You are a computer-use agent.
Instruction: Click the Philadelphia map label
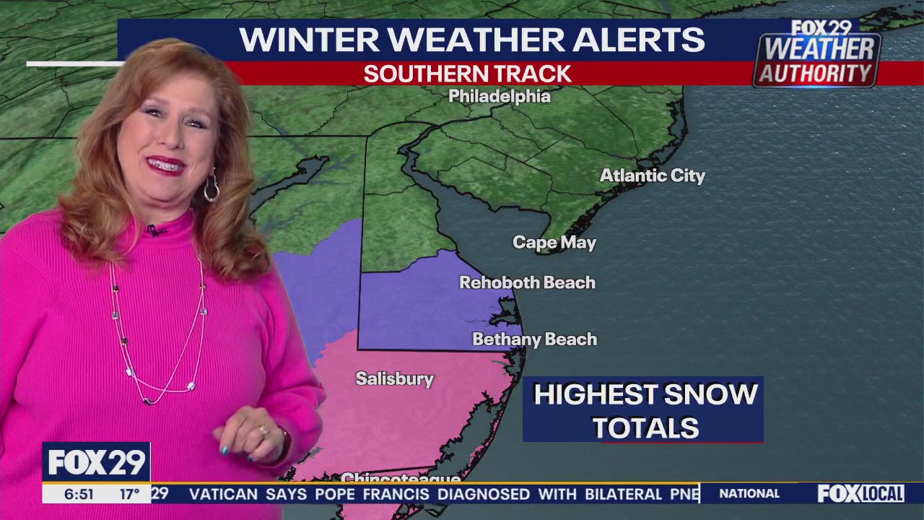pyautogui.click(x=500, y=96)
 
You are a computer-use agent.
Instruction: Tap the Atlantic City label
pyautogui.click(x=653, y=175)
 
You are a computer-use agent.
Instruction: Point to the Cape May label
pyautogui.click(x=554, y=243)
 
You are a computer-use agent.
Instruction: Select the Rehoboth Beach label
pyautogui.click(x=528, y=282)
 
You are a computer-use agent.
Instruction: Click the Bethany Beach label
pyautogui.click(x=535, y=339)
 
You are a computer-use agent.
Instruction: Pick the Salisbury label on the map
pyautogui.click(x=395, y=378)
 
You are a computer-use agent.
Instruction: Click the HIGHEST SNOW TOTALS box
pyautogui.click(x=643, y=409)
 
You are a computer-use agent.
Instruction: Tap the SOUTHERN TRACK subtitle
pyautogui.click(x=467, y=74)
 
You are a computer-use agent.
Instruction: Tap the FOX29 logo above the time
pyautogui.click(x=96, y=462)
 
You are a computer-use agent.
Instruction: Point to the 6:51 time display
pyautogui.click(x=79, y=495)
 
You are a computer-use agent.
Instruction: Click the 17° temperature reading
pyautogui.click(x=129, y=495)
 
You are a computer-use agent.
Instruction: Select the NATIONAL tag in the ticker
pyautogui.click(x=749, y=494)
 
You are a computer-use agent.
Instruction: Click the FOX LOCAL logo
pyautogui.click(x=860, y=494)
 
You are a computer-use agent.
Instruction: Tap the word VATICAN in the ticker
pyautogui.click(x=223, y=495)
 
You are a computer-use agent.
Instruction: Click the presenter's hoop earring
pyautogui.click(x=211, y=188)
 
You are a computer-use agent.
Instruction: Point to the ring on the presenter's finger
pyautogui.click(x=263, y=431)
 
